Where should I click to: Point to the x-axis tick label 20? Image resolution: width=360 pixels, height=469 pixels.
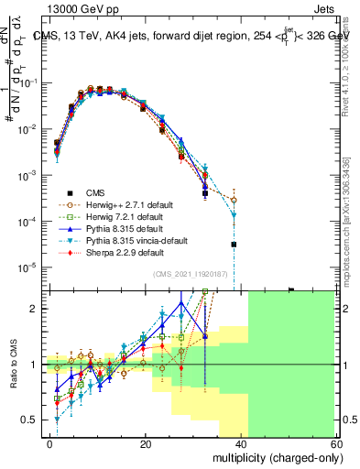[146, 442]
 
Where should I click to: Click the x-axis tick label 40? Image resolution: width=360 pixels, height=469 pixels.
[240, 442]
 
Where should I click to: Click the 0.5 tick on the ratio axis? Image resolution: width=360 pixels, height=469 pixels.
[34, 420]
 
